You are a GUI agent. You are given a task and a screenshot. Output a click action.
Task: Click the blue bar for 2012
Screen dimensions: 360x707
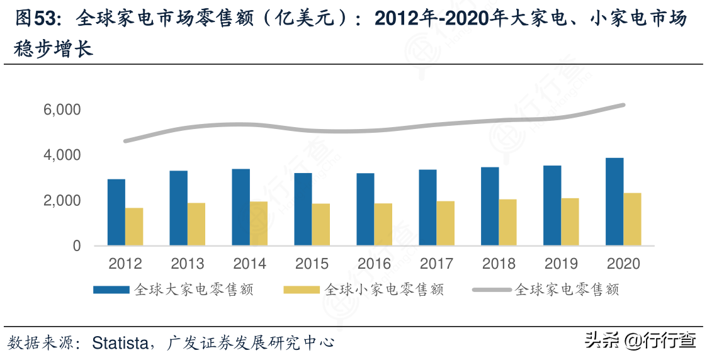point(116,213)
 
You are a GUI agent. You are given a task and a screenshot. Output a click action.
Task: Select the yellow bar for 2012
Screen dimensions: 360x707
point(134,227)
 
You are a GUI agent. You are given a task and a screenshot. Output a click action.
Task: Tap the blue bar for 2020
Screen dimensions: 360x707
point(614,201)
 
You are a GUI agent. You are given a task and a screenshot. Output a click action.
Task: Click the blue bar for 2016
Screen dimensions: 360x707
point(365,210)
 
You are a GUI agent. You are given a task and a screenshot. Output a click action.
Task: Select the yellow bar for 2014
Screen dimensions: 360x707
point(259,223)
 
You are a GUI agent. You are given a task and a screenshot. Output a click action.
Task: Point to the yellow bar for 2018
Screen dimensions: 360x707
point(508,222)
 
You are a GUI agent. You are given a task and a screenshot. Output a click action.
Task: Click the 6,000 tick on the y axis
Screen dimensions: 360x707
point(64,110)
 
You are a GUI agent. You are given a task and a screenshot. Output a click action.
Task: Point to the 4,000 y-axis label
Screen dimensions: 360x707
point(64,155)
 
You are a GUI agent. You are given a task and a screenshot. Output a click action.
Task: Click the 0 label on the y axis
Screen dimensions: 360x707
point(77,246)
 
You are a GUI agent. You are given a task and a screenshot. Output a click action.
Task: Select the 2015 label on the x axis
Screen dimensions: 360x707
point(312,264)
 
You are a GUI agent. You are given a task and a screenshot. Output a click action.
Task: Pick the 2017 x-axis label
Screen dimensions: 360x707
point(437,264)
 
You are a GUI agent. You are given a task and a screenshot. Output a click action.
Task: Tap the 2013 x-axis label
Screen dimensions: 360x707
point(188,264)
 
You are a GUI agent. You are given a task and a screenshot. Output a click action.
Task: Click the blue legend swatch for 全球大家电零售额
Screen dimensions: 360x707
point(111,290)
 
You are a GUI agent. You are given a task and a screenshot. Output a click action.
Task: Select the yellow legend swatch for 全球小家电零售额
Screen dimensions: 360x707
point(302,290)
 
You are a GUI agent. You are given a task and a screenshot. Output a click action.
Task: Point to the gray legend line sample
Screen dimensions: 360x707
point(492,290)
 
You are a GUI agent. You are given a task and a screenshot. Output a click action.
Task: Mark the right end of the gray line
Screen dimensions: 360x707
point(623,105)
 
